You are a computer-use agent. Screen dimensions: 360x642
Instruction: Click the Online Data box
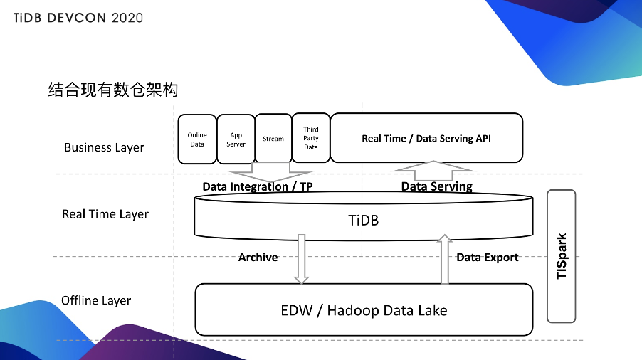pyautogui.click(x=197, y=139)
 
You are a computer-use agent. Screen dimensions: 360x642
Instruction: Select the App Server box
pyautogui.click(x=236, y=139)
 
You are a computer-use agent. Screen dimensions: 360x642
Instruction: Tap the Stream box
pyautogui.click(x=273, y=139)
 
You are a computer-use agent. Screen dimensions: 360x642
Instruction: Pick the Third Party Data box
pyautogui.click(x=311, y=138)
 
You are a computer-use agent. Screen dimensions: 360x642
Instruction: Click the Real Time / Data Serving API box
pyautogui.click(x=426, y=138)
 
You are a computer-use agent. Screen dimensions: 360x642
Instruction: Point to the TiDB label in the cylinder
pyautogui.click(x=364, y=220)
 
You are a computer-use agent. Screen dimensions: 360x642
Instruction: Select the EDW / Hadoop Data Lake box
pyautogui.click(x=364, y=310)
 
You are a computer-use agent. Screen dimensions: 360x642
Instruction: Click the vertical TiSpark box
pyautogui.click(x=562, y=255)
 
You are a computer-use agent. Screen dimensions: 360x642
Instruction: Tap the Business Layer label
pyautogui.click(x=104, y=147)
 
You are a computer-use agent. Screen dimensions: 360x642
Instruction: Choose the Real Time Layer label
pyautogui.click(x=105, y=214)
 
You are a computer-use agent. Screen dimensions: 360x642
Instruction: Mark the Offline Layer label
pyautogui.click(x=96, y=300)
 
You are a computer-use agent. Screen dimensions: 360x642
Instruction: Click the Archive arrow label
pyautogui.click(x=258, y=258)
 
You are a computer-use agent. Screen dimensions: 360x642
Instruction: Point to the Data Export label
pyautogui.click(x=488, y=258)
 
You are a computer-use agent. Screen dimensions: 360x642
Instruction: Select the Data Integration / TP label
pyautogui.click(x=258, y=186)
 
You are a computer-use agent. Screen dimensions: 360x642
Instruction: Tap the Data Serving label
pyautogui.click(x=436, y=186)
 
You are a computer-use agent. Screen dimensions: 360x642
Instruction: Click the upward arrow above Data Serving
pyautogui.click(x=433, y=171)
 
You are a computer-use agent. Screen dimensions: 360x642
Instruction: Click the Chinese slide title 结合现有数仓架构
pyautogui.click(x=112, y=90)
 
